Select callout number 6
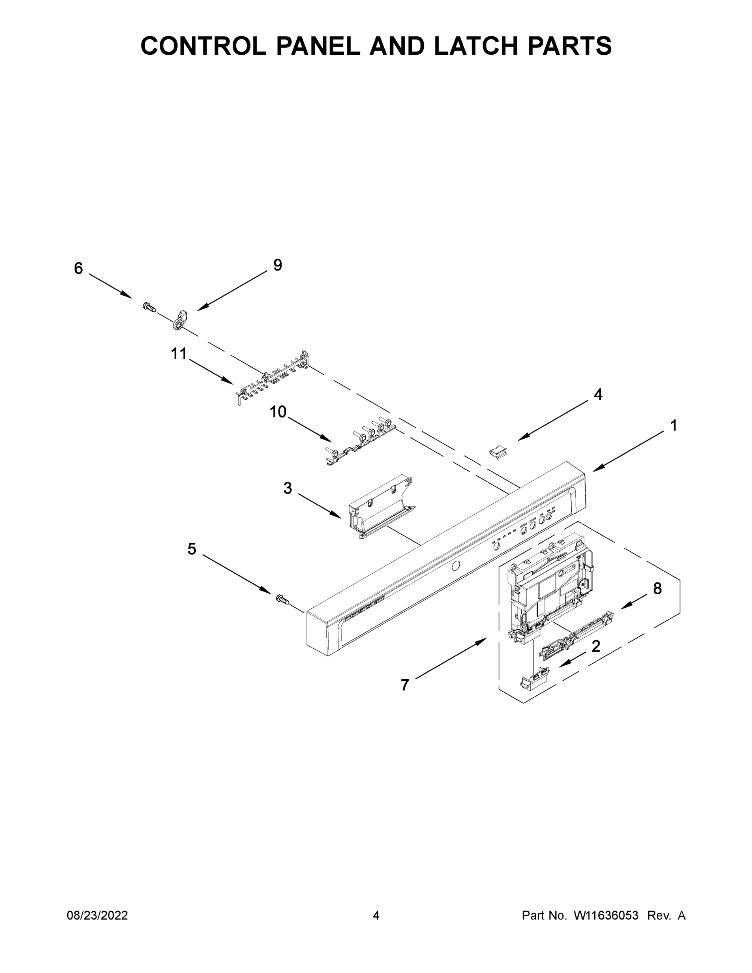tap(78, 268)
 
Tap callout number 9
tap(278, 265)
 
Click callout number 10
tap(278, 411)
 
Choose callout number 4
tap(598, 394)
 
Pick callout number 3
tap(288, 488)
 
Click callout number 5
tap(192, 549)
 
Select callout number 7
tap(405, 685)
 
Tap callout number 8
tap(658, 589)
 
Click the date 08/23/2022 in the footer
tap(97, 915)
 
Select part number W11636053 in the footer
tap(606, 915)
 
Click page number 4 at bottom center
tap(376, 915)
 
